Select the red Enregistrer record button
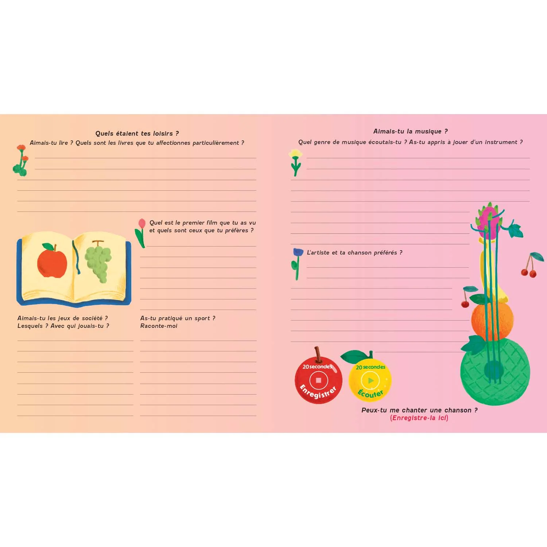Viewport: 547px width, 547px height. point(318,381)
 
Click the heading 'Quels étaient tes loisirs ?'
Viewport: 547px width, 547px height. point(137,133)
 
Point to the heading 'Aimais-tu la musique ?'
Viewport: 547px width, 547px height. point(410,131)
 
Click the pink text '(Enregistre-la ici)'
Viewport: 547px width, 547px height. point(419,418)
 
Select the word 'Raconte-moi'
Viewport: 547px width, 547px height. point(159,326)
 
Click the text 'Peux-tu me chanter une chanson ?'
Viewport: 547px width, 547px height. point(419,410)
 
